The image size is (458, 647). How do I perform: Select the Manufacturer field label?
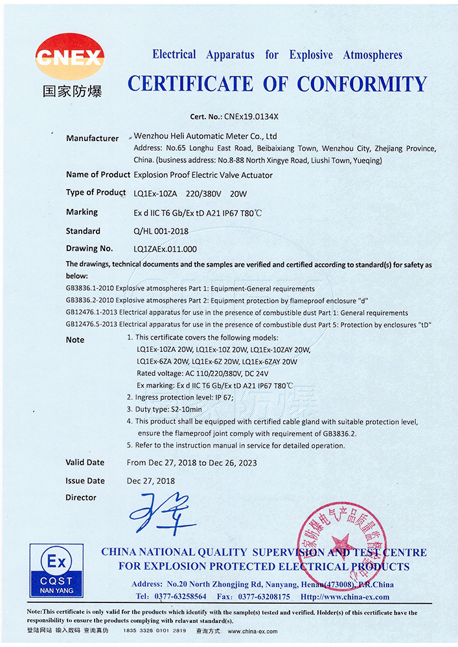[x=92, y=138]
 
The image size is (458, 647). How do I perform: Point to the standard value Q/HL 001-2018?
[x=161, y=231]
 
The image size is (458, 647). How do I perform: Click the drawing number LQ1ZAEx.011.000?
[x=165, y=248]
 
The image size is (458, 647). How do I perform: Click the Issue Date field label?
[x=85, y=481]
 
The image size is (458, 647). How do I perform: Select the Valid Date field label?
[x=85, y=463]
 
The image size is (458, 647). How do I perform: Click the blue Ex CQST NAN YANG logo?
[x=56, y=570]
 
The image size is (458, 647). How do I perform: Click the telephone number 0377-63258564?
[x=181, y=597]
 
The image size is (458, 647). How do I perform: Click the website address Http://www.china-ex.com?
[x=345, y=597]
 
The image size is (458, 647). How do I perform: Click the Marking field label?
[x=82, y=212]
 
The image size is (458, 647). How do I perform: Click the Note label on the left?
[x=75, y=340]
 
